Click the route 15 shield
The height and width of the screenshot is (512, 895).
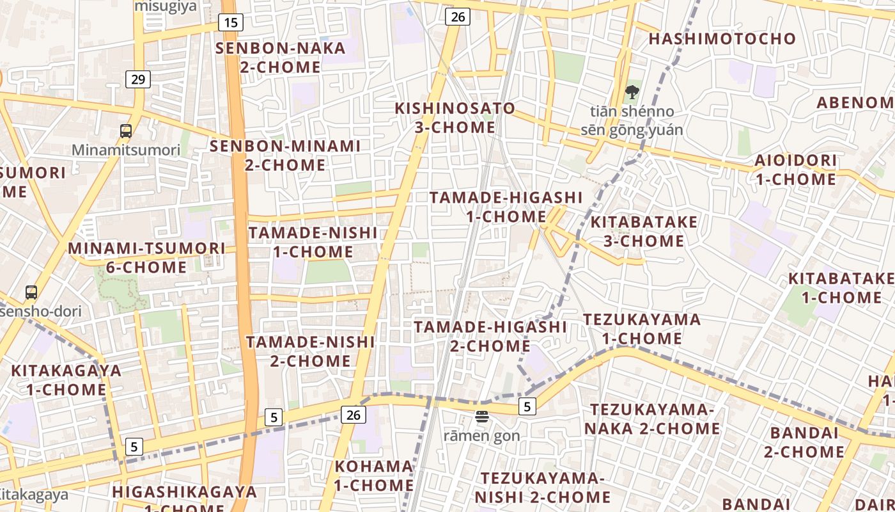pos(231,23)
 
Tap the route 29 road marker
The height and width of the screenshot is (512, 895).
pos(138,79)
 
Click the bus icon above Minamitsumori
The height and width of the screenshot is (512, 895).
pos(126,131)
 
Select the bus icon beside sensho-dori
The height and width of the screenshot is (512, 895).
pos(31,292)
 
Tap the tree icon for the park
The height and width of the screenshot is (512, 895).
pos(632,92)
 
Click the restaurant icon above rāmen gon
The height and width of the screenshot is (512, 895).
pos(482,417)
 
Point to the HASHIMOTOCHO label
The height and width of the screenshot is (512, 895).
pos(722,38)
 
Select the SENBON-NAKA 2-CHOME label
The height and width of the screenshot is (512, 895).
pos(281,58)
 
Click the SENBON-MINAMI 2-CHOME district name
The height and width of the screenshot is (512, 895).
pos(285,156)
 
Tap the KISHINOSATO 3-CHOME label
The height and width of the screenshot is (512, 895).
pos(455,118)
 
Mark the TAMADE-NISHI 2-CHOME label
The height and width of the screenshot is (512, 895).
pos(311,351)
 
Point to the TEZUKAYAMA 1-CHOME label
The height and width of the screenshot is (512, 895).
pos(642,328)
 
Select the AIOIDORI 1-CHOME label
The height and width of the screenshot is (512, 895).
pos(796,170)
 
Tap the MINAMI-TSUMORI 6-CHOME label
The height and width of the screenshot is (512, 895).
pos(146,257)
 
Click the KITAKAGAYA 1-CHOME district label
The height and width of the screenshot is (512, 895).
pos(66,380)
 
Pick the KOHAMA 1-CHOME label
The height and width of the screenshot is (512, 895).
pos(374,476)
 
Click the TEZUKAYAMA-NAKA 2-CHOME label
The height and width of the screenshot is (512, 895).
pos(652,419)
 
